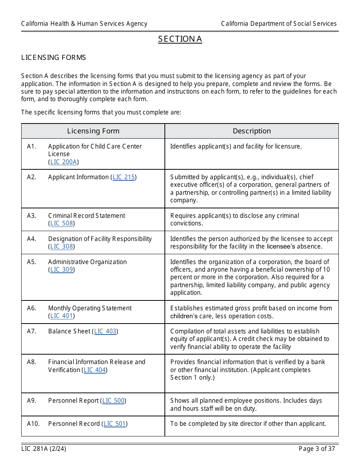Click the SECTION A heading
[x=180, y=39]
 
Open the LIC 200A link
[x=64, y=162]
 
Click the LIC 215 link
[x=124, y=177]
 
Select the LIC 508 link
[x=61, y=223]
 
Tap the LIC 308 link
[x=61, y=246]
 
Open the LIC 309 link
[x=61, y=269]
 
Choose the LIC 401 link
[x=61, y=316]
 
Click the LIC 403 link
[x=105, y=331]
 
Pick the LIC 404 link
[x=95, y=370]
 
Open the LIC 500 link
[x=113, y=400]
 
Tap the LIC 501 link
[x=114, y=424]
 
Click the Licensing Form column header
[x=93, y=131]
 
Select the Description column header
[x=252, y=131]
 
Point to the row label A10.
[x=33, y=424]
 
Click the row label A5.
[x=31, y=262]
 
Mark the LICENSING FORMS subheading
[x=53, y=58]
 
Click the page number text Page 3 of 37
[x=317, y=449]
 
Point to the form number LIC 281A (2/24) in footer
[x=44, y=449]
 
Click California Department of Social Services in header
[x=279, y=23]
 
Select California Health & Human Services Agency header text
[x=84, y=23]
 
